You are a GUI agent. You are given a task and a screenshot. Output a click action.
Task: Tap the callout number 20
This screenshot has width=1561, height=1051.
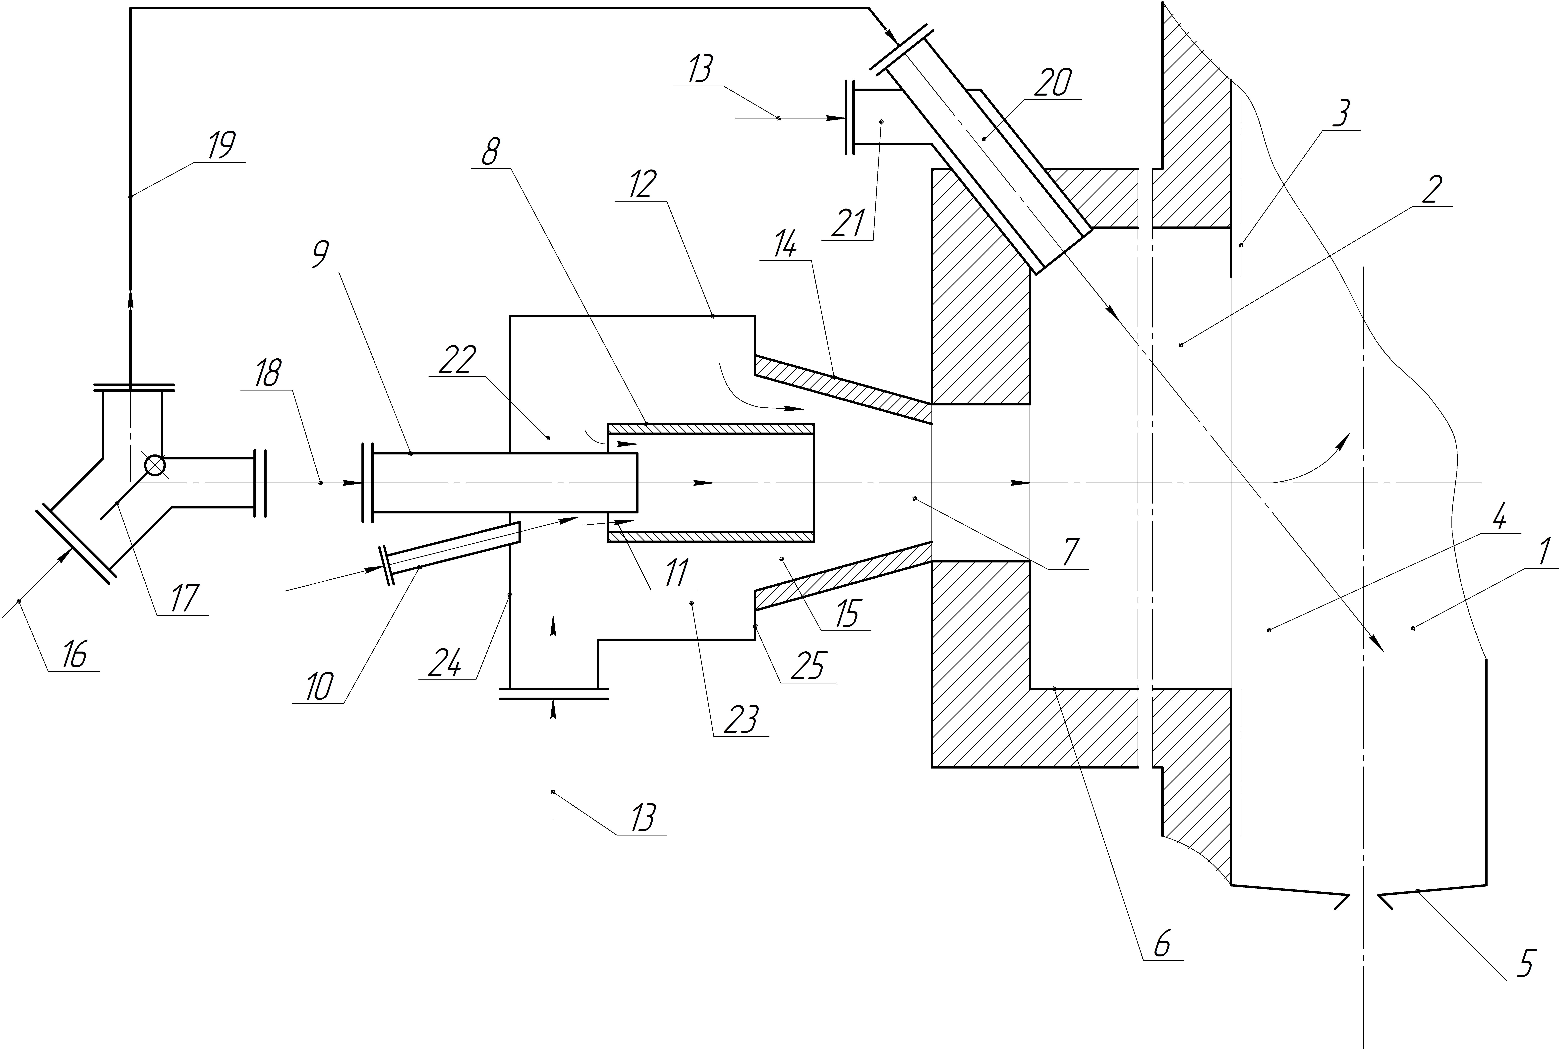point(1053,82)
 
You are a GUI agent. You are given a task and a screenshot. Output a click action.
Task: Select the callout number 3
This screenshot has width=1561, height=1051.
point(1339,114)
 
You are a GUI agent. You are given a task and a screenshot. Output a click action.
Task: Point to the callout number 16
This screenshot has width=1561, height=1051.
point(74,654)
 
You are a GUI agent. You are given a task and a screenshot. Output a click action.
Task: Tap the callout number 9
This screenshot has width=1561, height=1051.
point(320,255)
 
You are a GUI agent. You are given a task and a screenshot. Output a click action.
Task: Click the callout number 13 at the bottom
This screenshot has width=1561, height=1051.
point(642,818)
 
